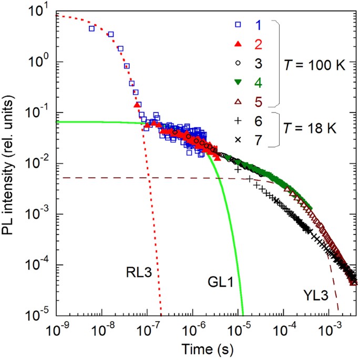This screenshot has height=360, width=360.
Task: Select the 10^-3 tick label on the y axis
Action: click(x=38, y=214)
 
